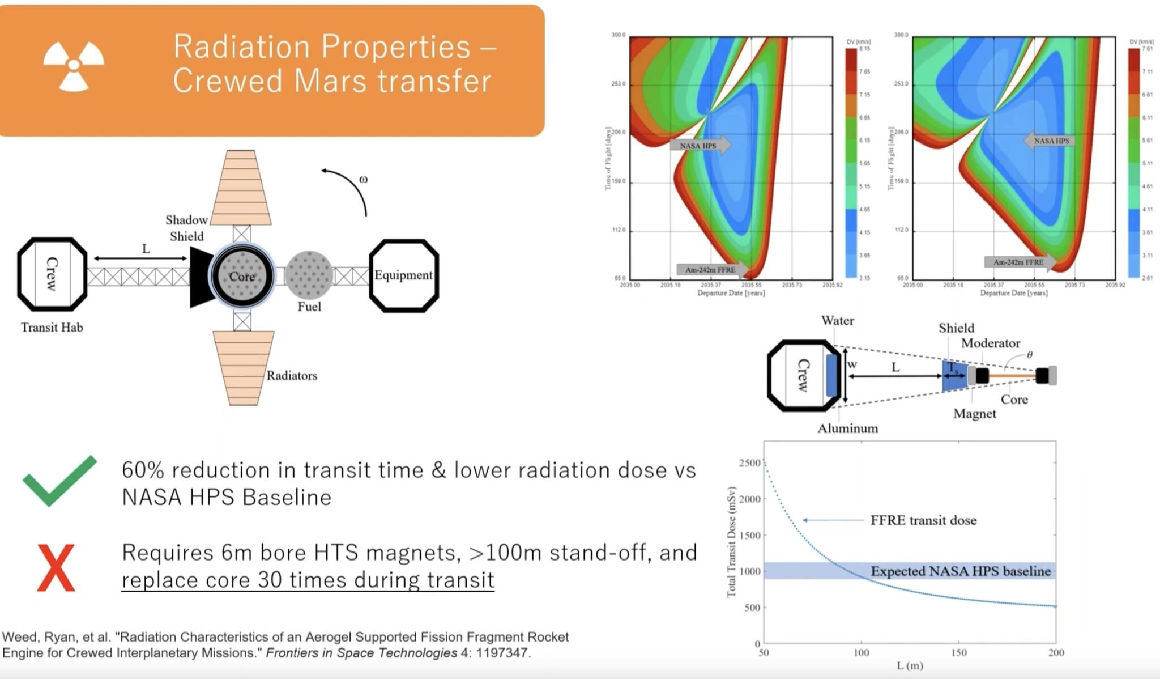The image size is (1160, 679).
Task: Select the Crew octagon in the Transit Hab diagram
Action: (52, 274)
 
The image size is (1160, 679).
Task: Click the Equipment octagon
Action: (403, 275)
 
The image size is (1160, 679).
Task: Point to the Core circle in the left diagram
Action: (242, 276)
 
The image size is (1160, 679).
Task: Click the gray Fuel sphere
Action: (309, 275)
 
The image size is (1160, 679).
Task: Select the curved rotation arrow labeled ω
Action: (351, 187)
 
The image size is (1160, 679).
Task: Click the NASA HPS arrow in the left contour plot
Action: (700, 146)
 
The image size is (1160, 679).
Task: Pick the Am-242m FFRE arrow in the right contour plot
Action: (1020, 262)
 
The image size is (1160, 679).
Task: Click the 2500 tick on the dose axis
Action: (749, 463)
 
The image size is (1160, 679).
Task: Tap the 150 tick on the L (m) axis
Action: (958, 652)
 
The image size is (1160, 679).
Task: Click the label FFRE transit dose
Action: (923, 520)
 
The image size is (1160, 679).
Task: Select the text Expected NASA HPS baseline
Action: (960, 571)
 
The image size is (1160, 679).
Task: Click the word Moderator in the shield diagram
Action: (990, 343)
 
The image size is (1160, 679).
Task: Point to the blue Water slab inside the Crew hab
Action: (831, 375)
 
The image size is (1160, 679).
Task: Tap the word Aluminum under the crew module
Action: (847, 429)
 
